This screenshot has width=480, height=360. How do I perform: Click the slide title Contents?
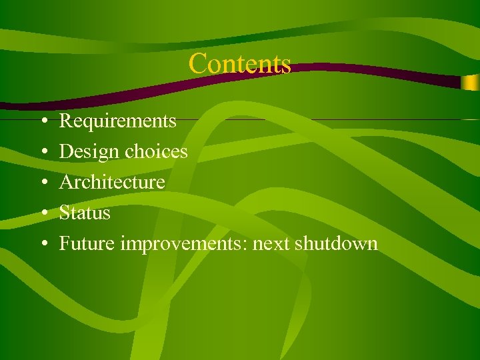click(x=239, y=64)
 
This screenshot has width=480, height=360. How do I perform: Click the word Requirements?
click(x=118, y=121)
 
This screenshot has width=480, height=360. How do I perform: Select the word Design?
click(x=90, y=152)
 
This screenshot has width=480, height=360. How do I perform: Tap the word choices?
click(x=157, y=152)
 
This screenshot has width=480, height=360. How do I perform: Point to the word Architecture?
click(x=112, y=182)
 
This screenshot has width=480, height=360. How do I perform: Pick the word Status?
click(x=85, y=213)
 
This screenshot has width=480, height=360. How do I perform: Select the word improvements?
click(x=184, y=244)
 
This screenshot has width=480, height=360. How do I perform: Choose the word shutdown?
click(x=337, y=244)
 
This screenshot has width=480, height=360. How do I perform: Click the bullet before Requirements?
click(x=42, y=121)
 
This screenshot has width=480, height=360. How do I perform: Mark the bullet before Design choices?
click(x=42, y=152)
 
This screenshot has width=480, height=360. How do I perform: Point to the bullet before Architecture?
click(x=42, y=183)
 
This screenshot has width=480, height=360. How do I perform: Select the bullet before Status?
click(x=42, y=213)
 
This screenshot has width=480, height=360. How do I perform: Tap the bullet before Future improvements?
click(x=42, y=244)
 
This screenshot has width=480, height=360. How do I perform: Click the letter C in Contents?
click(x=197, y=64)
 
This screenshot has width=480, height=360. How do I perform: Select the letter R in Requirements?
click(x=66, y=121)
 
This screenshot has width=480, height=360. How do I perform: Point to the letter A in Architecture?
click(x=67, y=182)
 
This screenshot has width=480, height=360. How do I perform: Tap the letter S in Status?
click(x=65, y=213)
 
